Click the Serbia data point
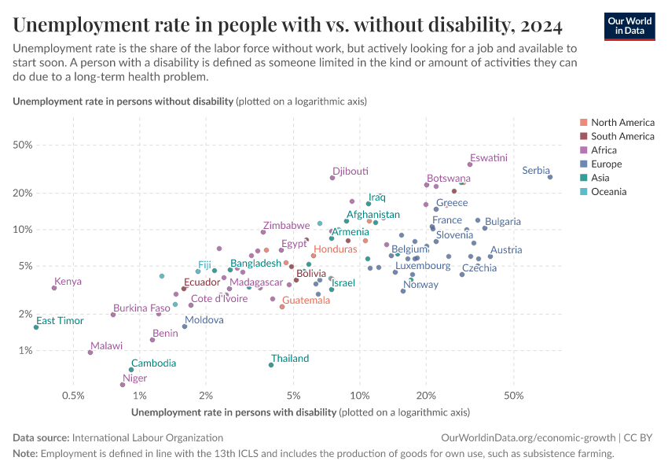coord(550,177)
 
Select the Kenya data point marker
coord(54,288)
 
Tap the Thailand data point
coord(271,365)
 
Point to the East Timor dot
coord(36,327)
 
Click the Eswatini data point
coord(470,164)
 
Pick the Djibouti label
coord(350,171)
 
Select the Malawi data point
coord(90,352)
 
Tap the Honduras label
coord(336,249)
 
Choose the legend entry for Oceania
coord(608,192)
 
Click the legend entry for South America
coord(622,136)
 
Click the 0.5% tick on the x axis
coord(73,394)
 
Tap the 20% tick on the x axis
coord(426,394)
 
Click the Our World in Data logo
coord(629,25)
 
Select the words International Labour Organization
coord(147,437)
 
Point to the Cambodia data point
coord(131,370)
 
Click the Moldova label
coord(204,320)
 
